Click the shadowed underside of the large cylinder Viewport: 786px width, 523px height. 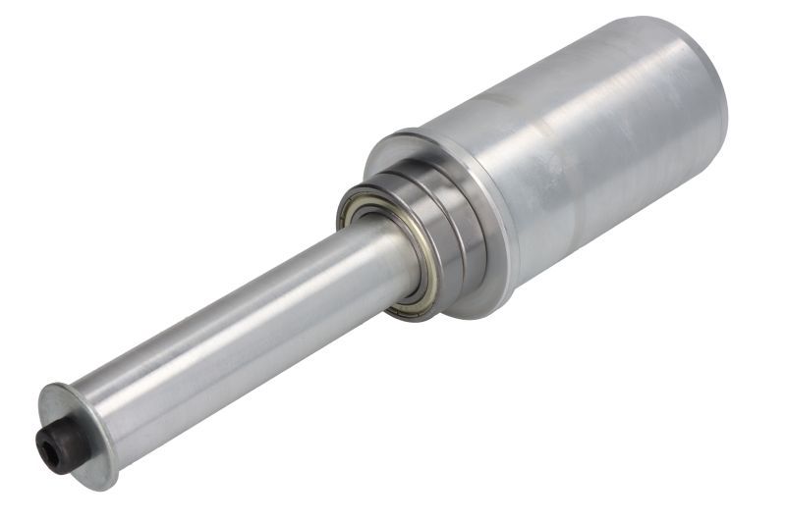tap(609, 231)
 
